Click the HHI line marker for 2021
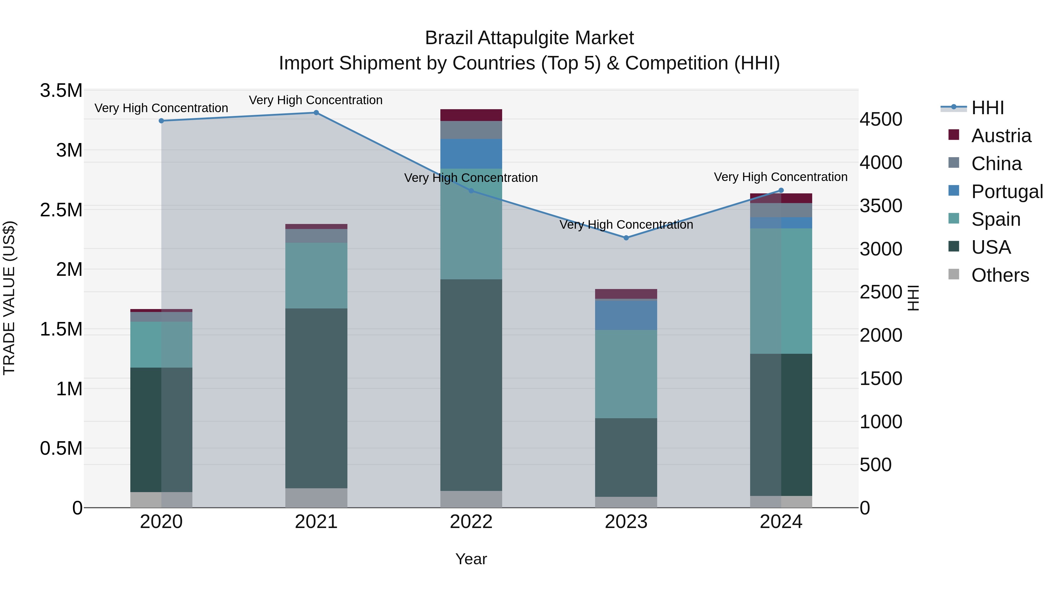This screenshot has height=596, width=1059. [316, 113]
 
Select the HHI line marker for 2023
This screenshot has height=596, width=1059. [626, 238]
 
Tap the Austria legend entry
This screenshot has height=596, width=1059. [1001, 136]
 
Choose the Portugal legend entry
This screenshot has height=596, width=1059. [1007, 192]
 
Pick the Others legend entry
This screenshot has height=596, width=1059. [1000, 275]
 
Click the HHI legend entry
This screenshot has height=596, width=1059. [988, 108]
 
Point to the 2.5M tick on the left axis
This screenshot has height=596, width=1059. [61, 210]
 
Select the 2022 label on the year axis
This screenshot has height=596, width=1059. [471, 522]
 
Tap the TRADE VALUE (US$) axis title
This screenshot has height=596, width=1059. [9, 298]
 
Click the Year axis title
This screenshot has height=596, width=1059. [471, 559]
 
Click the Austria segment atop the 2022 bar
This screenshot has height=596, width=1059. [471, 115]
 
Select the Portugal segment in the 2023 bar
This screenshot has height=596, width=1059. [626, 315]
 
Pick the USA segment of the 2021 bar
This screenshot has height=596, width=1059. [316, 398]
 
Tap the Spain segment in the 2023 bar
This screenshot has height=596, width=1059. [626, 374]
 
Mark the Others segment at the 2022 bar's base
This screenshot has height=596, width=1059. [471, 499]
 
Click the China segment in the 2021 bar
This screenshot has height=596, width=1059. [316, 236]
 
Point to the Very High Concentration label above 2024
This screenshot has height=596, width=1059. [781, 177]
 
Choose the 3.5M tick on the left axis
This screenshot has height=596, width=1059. [61, 90]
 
